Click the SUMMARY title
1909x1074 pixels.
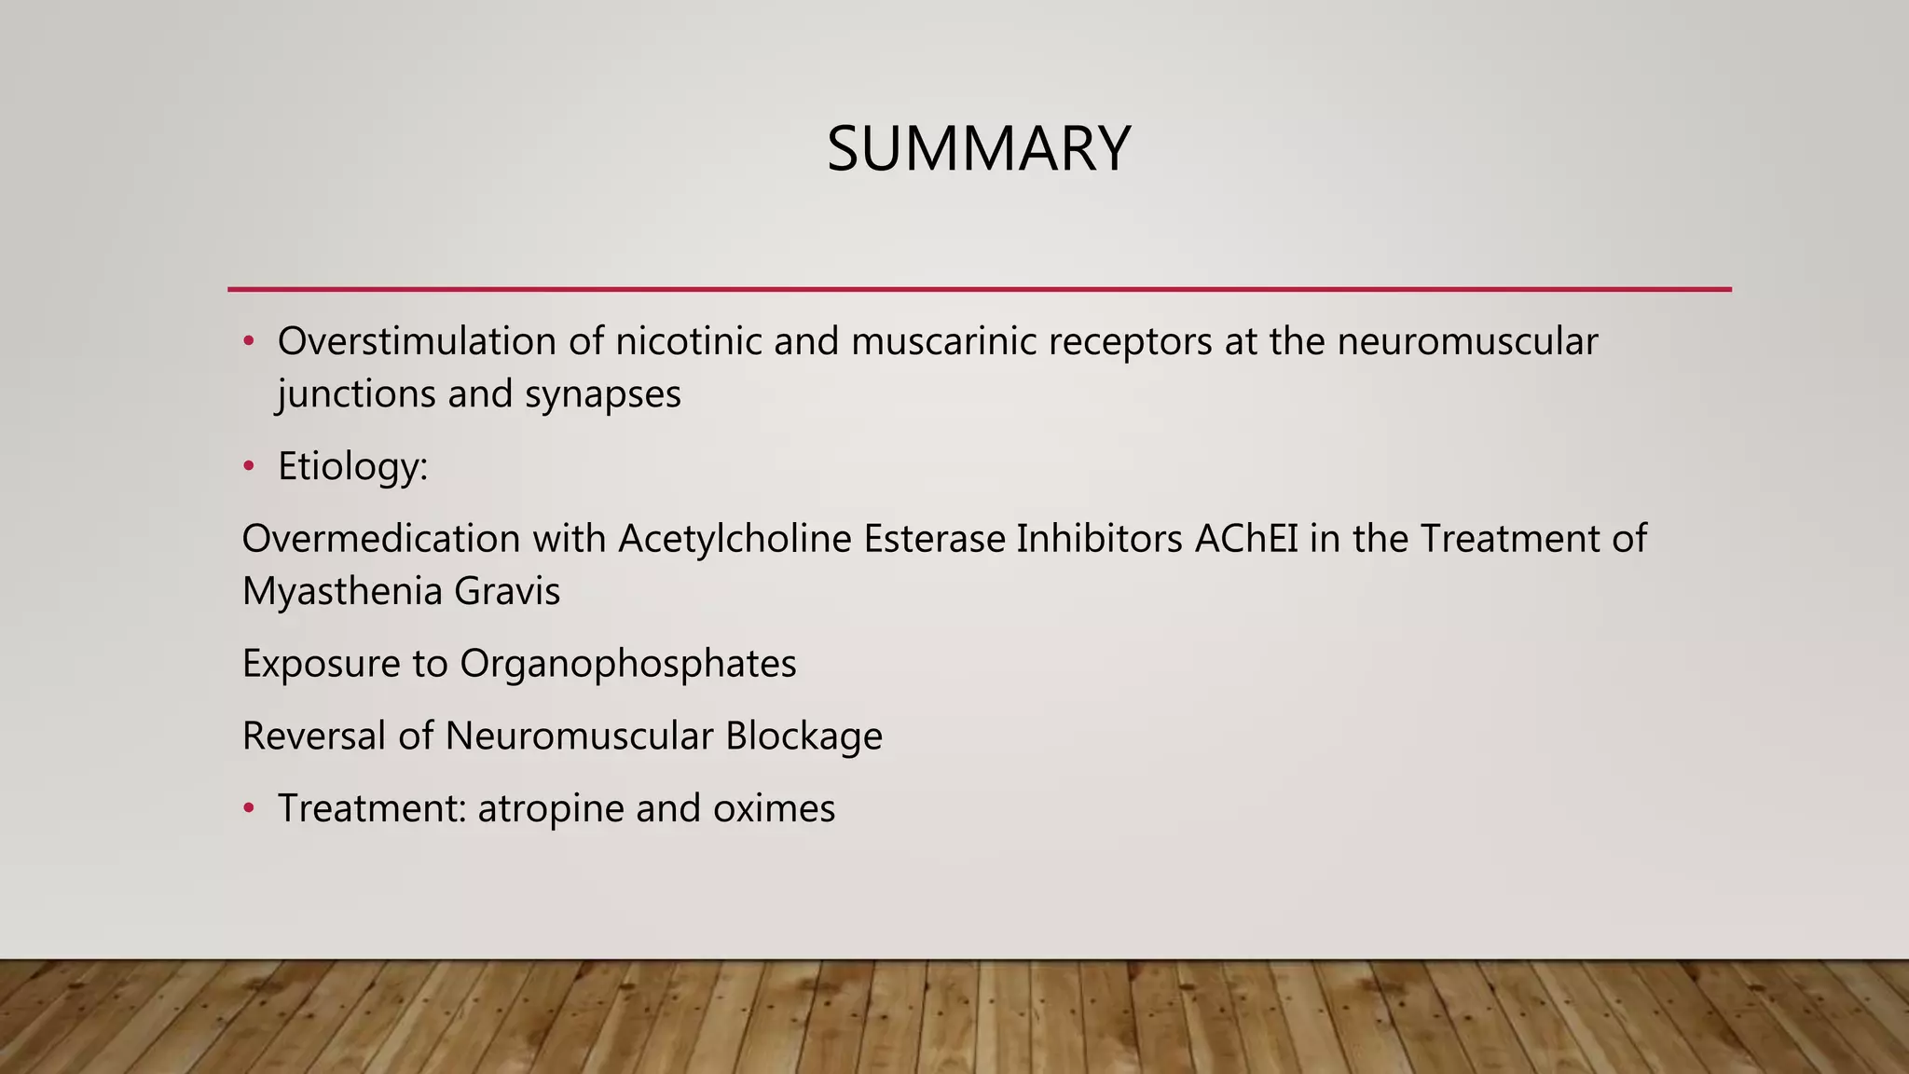coord(979,149)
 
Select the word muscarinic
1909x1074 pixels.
coord(943,341)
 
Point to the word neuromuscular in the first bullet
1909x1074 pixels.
coord(1467,341)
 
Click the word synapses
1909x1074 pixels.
coord(603,393)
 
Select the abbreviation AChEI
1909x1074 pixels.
coord(1246,539)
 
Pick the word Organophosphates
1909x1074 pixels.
coord(628,664)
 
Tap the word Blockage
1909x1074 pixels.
coord(803,736)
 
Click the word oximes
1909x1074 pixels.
coord(774,808)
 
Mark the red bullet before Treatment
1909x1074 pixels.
coord(249,808)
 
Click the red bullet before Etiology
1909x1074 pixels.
coord(249,466)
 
